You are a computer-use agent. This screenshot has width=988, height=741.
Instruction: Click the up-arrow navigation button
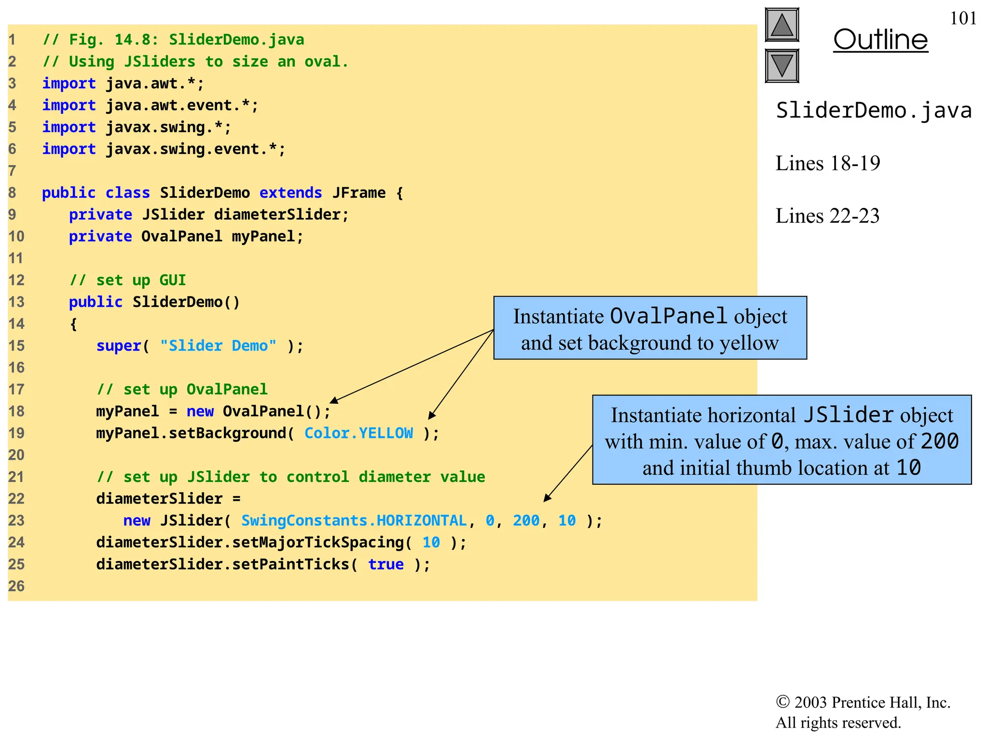click(782, 25)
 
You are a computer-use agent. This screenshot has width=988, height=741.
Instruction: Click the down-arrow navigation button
click(782, 66)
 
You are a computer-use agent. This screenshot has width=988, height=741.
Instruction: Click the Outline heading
click(880, 40)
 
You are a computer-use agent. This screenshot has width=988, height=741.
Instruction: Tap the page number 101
click(963, 18)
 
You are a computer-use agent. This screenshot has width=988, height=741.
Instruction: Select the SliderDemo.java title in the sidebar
click(874, 110)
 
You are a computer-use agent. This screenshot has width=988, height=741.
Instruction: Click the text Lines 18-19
click(827, 164)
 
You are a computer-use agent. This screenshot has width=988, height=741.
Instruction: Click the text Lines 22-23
click(827, 216)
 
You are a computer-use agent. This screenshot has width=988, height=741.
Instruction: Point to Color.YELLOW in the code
click(358, 433)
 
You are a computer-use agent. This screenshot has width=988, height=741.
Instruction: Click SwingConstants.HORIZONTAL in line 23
click(354, 521)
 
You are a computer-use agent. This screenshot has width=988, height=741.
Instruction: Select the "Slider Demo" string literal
click(218, 346)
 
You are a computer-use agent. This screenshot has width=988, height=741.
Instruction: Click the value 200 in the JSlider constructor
click(526, 521)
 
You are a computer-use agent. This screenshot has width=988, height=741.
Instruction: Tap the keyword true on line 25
click(385, 564)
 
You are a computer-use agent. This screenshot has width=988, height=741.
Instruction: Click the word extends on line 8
click(290, 193)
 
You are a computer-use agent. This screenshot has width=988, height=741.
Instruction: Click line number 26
click(16, 586)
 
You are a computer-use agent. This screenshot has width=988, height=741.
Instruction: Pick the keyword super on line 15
click(118, 346)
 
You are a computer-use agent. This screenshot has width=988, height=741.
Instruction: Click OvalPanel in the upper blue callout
click(668, 316)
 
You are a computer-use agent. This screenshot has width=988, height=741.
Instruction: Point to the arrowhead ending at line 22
click(547, 498)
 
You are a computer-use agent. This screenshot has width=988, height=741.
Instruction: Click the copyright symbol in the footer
click(782, 702)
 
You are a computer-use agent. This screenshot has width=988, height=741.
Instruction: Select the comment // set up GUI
click(128, 280)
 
